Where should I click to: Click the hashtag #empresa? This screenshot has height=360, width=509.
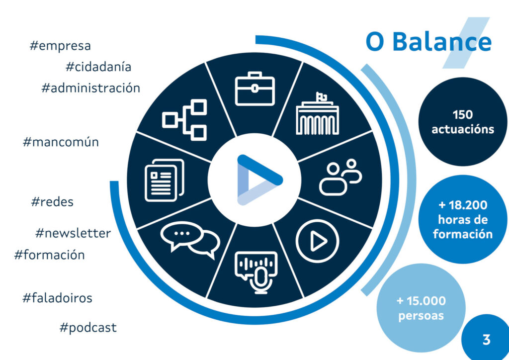click(x=60, y=46)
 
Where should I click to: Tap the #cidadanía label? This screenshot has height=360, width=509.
click(x=98, y=67)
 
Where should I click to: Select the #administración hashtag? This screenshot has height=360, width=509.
click(x=90, y=88)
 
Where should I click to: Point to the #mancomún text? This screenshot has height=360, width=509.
click(x=61, y=142)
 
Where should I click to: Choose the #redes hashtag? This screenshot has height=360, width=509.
click(x=52, y=201)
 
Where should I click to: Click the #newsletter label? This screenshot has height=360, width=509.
click(x=73, y=233)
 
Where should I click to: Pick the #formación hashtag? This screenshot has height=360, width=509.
click(x=49, y=255)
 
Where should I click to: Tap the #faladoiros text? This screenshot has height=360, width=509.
click(x=57, y=298)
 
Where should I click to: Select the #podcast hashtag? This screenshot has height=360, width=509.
click(x=88, y=328)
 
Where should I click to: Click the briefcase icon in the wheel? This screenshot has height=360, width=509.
click(x=255, y=89)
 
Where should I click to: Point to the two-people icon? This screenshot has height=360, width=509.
click(x=340, y=177)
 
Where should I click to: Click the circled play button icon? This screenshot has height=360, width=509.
click(x=318, y=241)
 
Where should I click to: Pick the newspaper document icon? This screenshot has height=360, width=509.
click(x=164, y=180)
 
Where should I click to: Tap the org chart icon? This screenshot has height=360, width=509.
click(x=184, y=120)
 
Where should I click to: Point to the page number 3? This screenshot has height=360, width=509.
click(x=486, y=340)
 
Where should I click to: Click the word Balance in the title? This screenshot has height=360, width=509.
click(x=442, y=42)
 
